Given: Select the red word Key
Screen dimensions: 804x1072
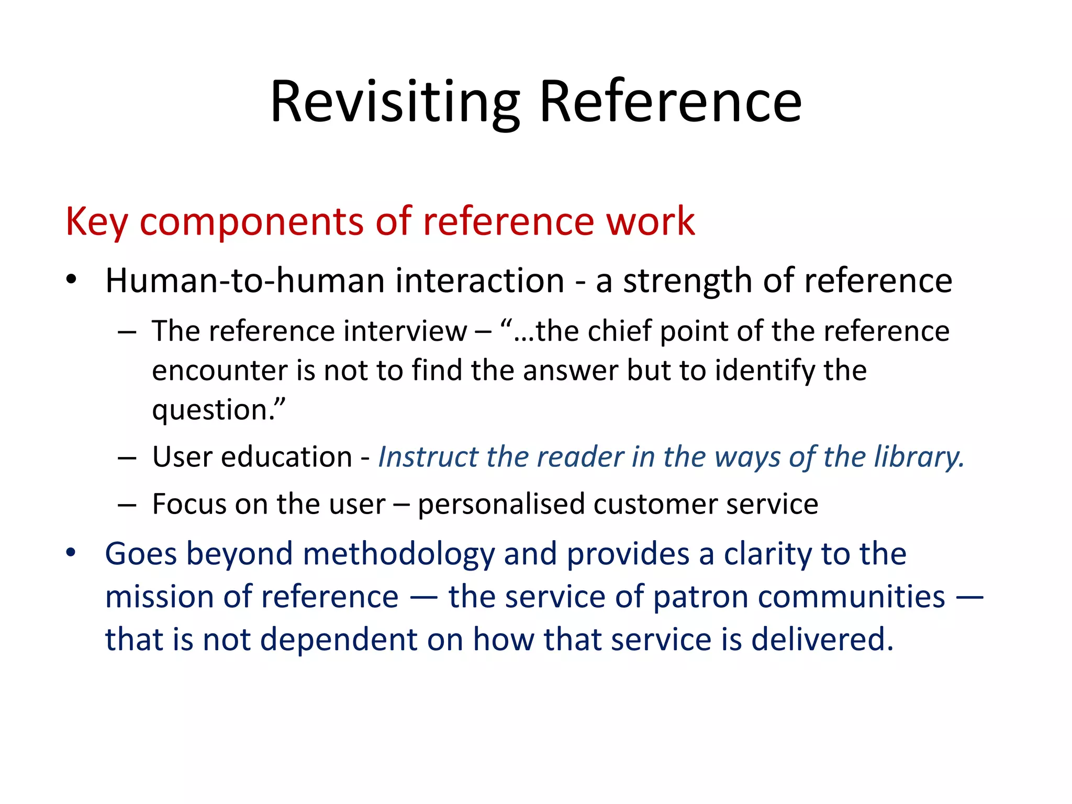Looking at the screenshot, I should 96,221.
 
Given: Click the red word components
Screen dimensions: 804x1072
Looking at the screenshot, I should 251,221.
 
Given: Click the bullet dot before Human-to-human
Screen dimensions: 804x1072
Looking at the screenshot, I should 71,278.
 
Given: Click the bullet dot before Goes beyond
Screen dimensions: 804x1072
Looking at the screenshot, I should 71,552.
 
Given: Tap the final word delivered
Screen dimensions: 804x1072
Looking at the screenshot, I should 822,640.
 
